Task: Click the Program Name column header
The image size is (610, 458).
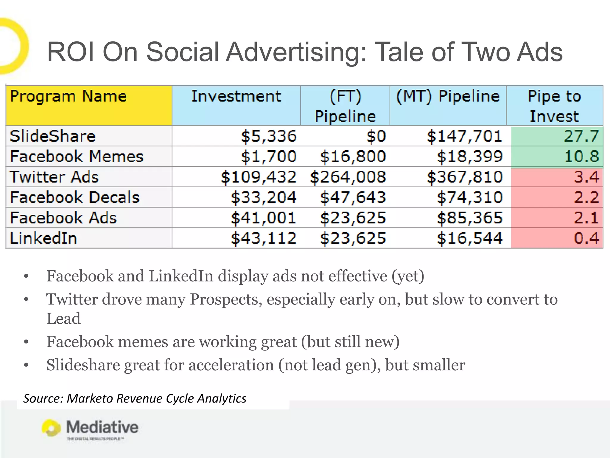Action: click(x=68, y=96)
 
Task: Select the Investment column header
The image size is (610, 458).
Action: click(x=236, y=96)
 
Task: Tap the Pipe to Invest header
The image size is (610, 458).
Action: click(x=554, y=106)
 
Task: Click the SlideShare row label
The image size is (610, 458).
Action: click(x=52, y=136)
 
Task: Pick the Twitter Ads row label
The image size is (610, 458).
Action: click(x=54, y=177)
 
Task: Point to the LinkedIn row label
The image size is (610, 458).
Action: click(x=43, y=238)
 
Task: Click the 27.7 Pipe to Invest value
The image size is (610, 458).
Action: click(x=581, y=136)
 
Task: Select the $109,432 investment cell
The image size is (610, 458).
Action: click(x=258, y=177)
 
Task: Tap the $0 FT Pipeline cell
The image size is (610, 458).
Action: click(x=376, y=136)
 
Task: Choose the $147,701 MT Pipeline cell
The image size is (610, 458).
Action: click(x=464, y=136)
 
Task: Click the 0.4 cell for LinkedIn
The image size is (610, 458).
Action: click(x=586, y=238)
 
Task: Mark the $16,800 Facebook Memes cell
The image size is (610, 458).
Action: click(x=353, y=157)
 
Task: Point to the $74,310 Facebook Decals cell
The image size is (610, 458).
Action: click(x=470, y=197)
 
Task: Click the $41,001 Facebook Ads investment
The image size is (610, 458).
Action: click(x=263, y=218)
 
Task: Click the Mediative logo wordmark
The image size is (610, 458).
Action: click(x=102, y=427)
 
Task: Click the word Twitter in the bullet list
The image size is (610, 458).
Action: click(x=72, y=299)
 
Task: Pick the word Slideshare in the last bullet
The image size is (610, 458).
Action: click(x=83, y=365)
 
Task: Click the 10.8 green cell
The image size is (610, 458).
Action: click(x=581, y=157)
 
